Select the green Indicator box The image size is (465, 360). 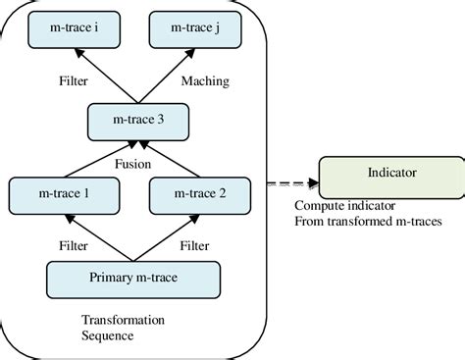[x=390, y=175]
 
